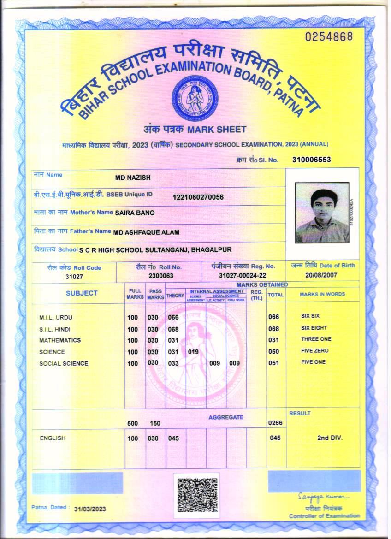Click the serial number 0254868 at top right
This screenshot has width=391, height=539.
tap(329, 37)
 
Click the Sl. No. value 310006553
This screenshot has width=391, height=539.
tap(312, 160)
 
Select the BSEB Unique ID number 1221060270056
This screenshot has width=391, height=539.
tap(198, 197)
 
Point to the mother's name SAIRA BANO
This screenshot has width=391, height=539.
tap(135, 213)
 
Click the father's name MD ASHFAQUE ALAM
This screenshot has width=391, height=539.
tap(146, 232)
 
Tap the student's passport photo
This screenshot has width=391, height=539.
tap(322, 213)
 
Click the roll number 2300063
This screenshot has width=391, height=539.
tap(161, 275)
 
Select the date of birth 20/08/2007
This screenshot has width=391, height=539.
tap(321, 275)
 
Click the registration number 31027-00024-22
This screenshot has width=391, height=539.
tap(243, 275)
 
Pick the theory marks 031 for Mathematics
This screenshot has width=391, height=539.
tap(173, 340)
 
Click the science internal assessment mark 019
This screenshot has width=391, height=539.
tap(193, 352)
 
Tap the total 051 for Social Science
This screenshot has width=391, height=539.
tap(273, 363)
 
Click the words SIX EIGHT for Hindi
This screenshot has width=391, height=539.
tap(314, 328)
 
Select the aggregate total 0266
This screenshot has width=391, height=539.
tap(274, 422)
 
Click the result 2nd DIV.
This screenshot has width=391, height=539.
tap(330, 438)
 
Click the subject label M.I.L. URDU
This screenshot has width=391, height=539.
tap(56, 317)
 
